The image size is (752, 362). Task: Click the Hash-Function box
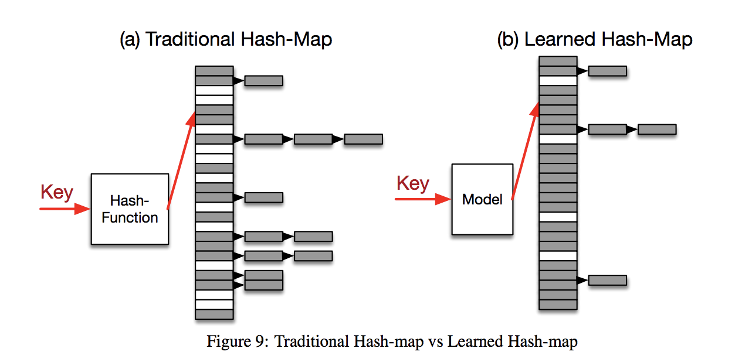point(130,209)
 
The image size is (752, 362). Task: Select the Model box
point(482,199)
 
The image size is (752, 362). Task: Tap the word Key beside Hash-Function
point(57,192)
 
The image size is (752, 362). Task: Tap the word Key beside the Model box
point(413,183)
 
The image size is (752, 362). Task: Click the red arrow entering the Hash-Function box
point(65,209)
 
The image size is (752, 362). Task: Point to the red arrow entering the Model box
point(423,199)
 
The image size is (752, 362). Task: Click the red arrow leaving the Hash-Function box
point(181,161)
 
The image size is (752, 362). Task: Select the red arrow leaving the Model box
point(526,151)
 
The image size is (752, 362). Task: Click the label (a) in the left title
point(130,40)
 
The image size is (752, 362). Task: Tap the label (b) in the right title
point(508,40)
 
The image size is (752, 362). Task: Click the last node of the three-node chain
point(364,139)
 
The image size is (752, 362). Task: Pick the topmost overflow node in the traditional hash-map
point(264,81)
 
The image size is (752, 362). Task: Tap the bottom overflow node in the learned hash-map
point(608,280)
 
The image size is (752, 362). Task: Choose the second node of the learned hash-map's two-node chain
point(657,129)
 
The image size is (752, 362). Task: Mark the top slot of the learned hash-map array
point(558,61)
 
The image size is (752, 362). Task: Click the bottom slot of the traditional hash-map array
point(214,315)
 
